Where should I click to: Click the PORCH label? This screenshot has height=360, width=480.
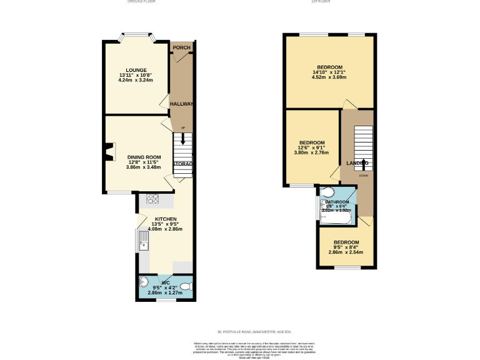pyautogui.click(x=181, y=48)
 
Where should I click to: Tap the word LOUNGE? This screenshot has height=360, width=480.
pyautogui.click(x=136, y=70)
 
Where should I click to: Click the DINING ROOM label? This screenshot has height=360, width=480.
pyautogui.click(x=144, y=157)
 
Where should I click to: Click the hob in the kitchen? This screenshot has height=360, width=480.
pyautogui.click(x=153, y=199)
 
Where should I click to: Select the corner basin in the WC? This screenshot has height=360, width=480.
pyautogui.click(x=144, y=281)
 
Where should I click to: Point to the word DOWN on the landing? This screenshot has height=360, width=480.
pyautogui.click(x=364, y=176)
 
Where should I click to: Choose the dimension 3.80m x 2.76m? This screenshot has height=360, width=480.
pyautogui.click(x=311, y=152)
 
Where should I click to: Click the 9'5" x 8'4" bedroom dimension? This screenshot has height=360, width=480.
pyautogui.click(x=346, y=247)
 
